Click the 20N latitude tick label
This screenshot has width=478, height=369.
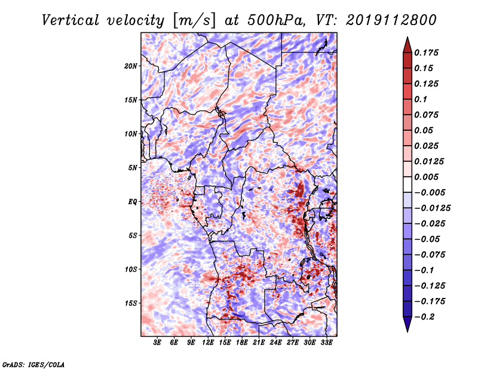point(131,66)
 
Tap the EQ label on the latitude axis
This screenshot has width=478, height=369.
point(133,202)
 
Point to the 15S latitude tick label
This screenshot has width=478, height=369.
point(131,303)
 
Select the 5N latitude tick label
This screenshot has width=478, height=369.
point(133,168)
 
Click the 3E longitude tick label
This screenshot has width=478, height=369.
point(157,342)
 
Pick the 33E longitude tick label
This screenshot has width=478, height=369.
point(326,342)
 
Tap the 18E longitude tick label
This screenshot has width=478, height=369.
point(242,342)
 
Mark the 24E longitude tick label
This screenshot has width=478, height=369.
point(275,342)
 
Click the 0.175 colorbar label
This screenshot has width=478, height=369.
point(426,53)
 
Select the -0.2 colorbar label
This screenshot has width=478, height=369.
point(424,317)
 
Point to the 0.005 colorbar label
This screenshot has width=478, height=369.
point(426,177)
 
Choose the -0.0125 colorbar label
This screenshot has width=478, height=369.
point(432,208)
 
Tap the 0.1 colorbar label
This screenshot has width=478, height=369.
point(421,99)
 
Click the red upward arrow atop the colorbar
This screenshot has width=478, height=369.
point(407,45)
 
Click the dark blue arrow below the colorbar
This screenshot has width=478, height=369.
point(407,324)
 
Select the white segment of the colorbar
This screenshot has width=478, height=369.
point(407,184)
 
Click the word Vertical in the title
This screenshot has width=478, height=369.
point(70,20)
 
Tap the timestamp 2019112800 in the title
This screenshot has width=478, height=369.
point(391,20)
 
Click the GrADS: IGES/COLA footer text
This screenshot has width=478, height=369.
point(33,364)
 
